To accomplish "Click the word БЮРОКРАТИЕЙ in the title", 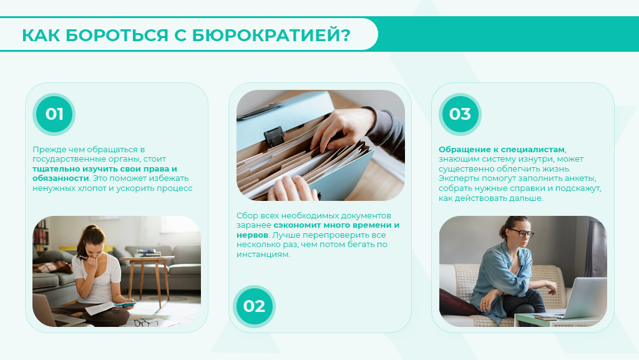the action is pos(266,35).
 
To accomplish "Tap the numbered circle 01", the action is pos(54,114).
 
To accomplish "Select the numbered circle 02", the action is pos(255,306).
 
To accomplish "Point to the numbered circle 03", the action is pos(460,114).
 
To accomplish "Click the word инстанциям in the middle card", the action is pos(263,255).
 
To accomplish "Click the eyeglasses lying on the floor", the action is pos(146,323).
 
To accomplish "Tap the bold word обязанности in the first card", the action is pos(61,178).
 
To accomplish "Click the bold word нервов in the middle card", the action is pos(252,235).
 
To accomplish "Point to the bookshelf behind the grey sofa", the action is pos(41,235).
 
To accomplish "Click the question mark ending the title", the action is pos(346,35).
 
